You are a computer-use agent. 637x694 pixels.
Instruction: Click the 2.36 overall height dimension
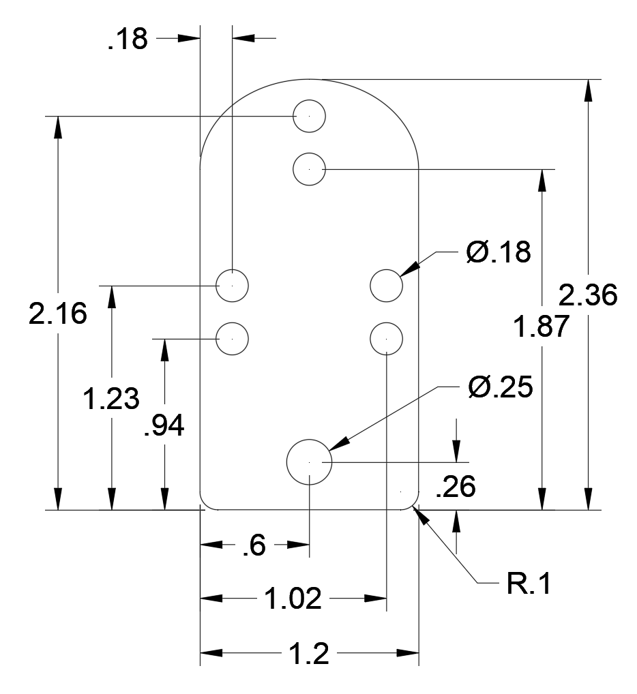pyautogui.click(x=587, y=295)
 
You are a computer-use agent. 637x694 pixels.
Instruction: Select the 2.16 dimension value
pyautogui.click(x=58, y=314)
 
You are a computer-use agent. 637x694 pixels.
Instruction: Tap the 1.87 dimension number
pyautogui.click(x=541, y=327)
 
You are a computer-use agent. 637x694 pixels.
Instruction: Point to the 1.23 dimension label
pyautogui.click(x=111, y=398)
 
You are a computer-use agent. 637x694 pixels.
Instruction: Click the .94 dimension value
pyautogui.click(x=164, y=426)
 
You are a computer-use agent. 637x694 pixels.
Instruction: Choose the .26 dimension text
pyautogui.click(x=456, y=487)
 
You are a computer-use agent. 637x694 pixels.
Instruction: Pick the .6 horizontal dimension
pyautogui.click(x=254, y=545)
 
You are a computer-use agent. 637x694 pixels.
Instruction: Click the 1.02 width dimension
pyautogui.click(x=293, y=599)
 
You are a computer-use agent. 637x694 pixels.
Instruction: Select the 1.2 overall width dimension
pyautogui.click(x=309, y=653)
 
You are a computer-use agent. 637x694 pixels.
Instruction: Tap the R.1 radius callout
pyautogui.click(x=529, y=583)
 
